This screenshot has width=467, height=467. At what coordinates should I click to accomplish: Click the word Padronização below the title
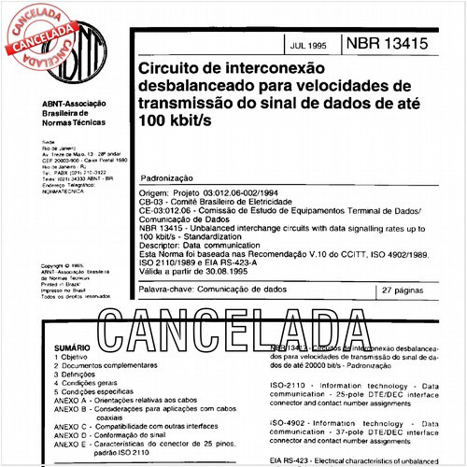click(x=166, y=176)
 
